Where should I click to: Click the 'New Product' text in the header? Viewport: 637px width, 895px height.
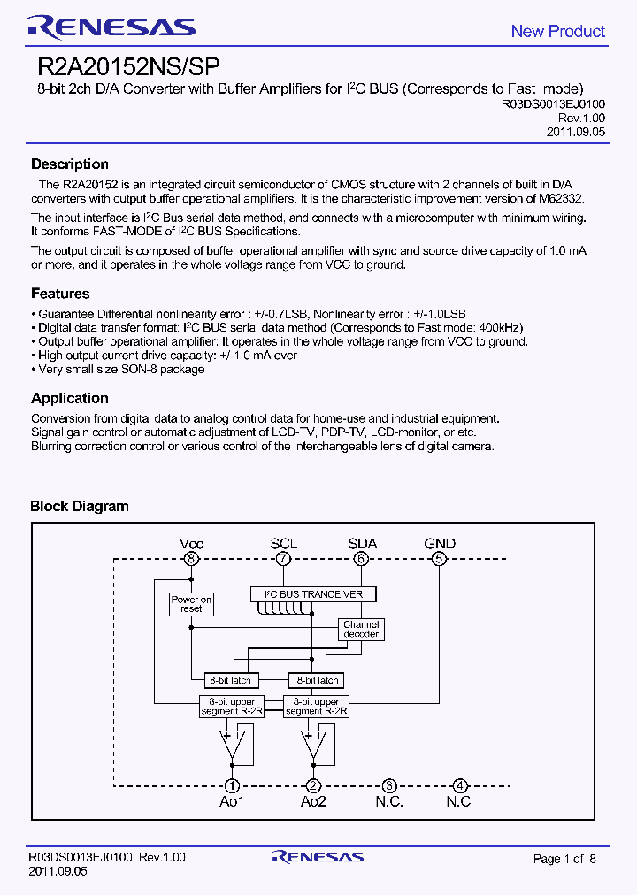click(x=557, y=31)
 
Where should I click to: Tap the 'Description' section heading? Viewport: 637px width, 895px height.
click(x=70, y=164)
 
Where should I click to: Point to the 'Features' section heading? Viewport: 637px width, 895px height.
click(x=60, y=294)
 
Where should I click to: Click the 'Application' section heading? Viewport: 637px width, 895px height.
click(x=70, y=398)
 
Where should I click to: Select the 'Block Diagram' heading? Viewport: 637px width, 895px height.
click(x=80, y=507)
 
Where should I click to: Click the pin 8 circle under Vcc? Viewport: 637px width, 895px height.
click(x=190, y=559)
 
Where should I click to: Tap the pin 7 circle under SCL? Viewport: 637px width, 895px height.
click(x=283, y=559)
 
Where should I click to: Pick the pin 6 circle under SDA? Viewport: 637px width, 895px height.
click(x=361, y=559)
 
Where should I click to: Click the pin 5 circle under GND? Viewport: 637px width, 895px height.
click(x=439, y=559)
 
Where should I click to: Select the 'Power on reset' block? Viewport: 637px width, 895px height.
click(x=191, y=605)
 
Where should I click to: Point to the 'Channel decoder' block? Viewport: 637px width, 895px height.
click(x=361, y=630)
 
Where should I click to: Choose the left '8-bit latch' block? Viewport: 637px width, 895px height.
click(x=228, y=680)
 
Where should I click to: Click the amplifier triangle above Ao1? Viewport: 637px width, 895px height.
click(x=232, y=743)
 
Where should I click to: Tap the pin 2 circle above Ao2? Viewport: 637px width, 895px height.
click(x=312, y=785)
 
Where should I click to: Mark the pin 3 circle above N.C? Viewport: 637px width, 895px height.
click(x=388, y=785)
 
